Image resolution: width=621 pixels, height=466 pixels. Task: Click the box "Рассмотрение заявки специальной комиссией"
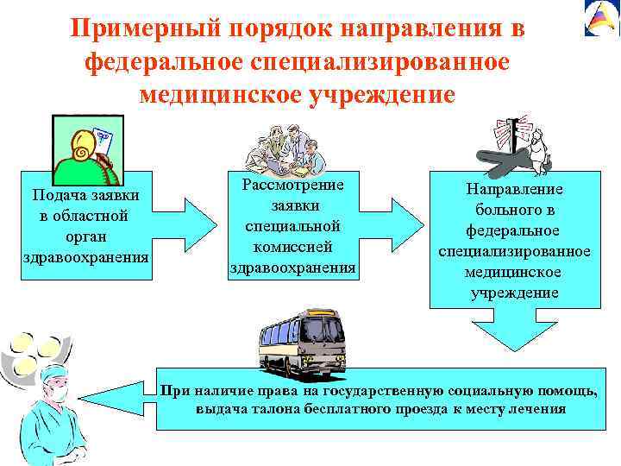coord(292,227)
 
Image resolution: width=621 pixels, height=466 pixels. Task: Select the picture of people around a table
coord(285,148)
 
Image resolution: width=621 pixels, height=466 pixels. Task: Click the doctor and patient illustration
coord(517,149)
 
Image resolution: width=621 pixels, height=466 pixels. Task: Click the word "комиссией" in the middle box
coord(292,247)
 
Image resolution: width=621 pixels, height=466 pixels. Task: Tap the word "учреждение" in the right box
coord(514,293)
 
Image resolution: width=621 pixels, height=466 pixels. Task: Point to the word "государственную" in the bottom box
coord(393,391)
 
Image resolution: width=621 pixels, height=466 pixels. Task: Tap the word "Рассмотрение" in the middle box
coord(292,186)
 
